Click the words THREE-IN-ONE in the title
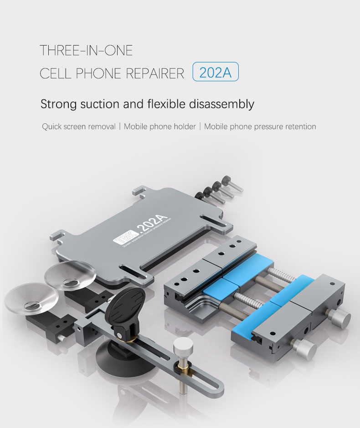tap(86, 50)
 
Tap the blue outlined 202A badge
tap(216, 72)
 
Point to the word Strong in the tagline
tap(58, 104)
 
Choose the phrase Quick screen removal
tap(78, 127)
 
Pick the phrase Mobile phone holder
tap(159, 127)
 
